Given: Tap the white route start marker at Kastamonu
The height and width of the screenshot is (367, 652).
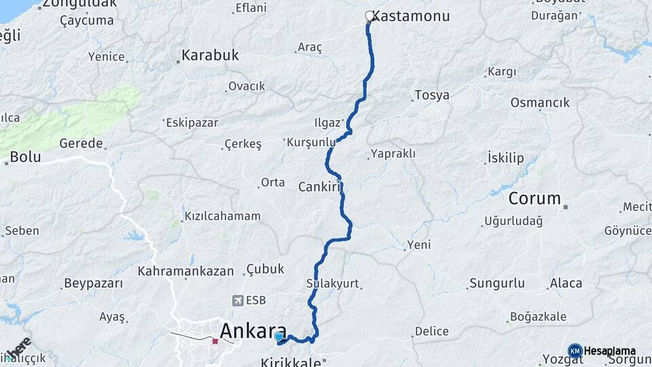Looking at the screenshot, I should click(370, 16).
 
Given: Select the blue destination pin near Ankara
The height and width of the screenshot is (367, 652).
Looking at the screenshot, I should click(278, 336).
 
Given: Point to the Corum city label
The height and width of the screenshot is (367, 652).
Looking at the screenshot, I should click(535, 199).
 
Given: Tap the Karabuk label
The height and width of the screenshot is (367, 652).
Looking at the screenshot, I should click(210, 56).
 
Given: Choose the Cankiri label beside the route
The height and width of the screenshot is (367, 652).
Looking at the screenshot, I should click(319, 186).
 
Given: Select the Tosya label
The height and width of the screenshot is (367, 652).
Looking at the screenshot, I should click(432, 95).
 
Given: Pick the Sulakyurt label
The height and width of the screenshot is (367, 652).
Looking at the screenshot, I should click(333, 283).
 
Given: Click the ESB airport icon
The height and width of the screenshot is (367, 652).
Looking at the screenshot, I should click(237, 300).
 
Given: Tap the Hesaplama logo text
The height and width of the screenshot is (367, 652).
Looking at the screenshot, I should click(610, 351).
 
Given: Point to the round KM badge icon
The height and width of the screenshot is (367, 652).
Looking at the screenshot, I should click(575, 351).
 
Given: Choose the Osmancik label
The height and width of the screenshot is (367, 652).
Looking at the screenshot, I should click(540, 103).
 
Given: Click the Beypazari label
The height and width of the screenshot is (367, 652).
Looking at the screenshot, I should click(93, 283).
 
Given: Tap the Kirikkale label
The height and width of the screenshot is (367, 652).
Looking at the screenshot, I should click(285, 362).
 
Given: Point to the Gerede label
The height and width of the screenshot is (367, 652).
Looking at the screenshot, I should click(81, 143).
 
